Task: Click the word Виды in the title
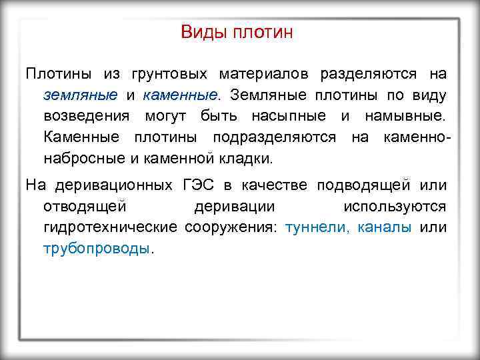pyautogui.click(x=203, y=33)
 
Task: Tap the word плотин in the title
pyautogui.click(x=263, y=33)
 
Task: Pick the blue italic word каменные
pyautogui.click(x=180, y=95)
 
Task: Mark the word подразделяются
pyautogui.click(x=275, y=137)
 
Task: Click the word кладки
pyautogui.click(x=249, y=159)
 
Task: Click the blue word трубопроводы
pyautogui.click(x=97, y=249)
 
